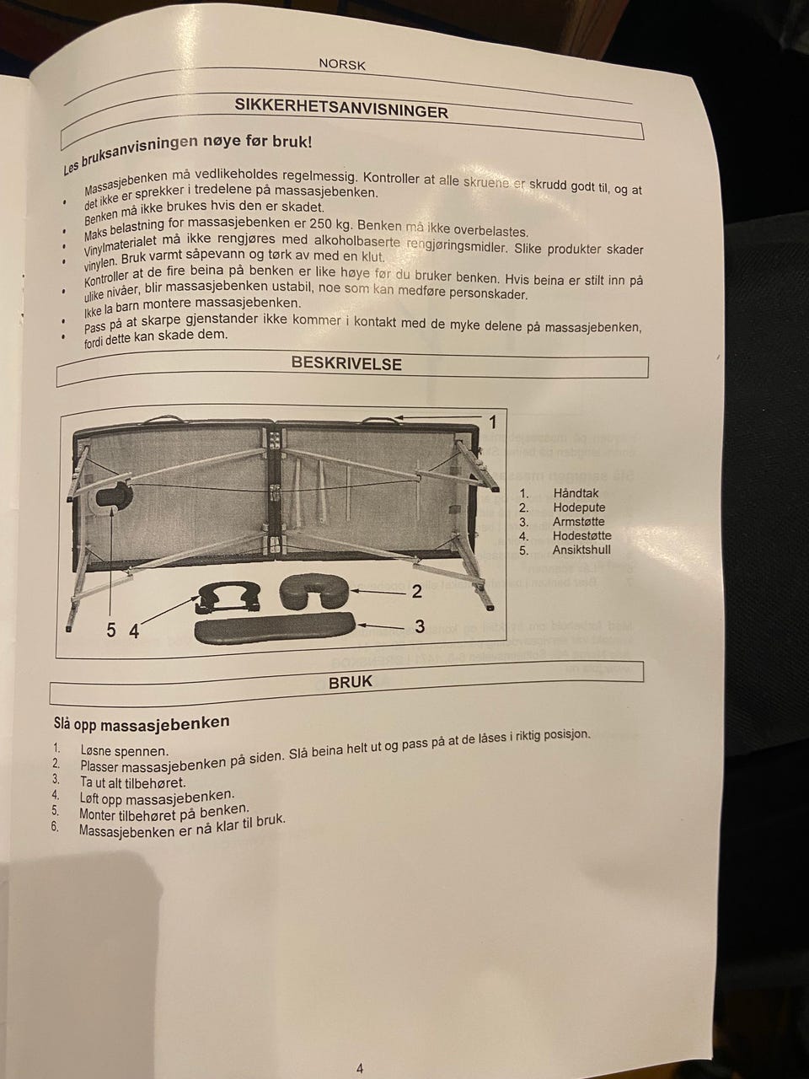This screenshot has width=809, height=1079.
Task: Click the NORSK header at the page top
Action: (x=342, y=64)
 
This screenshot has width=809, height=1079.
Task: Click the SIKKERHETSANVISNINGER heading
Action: (x=341, y=108)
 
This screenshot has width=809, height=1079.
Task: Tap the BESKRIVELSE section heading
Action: (x=346, y=363)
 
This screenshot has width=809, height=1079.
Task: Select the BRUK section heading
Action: (x=351, y=682)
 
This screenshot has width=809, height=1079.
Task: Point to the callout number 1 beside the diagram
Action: (x=493, y=421)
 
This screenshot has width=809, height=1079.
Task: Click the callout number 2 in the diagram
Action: (x=416, y=592)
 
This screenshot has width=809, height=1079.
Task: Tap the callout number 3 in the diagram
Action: (x=420, y=626)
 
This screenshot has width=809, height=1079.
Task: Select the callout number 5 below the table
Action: (x=111, y=630)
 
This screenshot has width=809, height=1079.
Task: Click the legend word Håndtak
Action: (x=576, y=493)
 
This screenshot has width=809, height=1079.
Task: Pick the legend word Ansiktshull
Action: (x=581, y=550)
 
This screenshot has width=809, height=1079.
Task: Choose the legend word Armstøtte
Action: (x=579, y=522)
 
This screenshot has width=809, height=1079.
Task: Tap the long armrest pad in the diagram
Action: (x=276, y=627)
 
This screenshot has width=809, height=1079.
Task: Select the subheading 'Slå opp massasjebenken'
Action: (x=142, y=723)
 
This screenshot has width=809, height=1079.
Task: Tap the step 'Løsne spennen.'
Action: (x=124, y=750)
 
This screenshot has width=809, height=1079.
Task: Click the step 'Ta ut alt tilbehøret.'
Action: (x=132, y=782)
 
